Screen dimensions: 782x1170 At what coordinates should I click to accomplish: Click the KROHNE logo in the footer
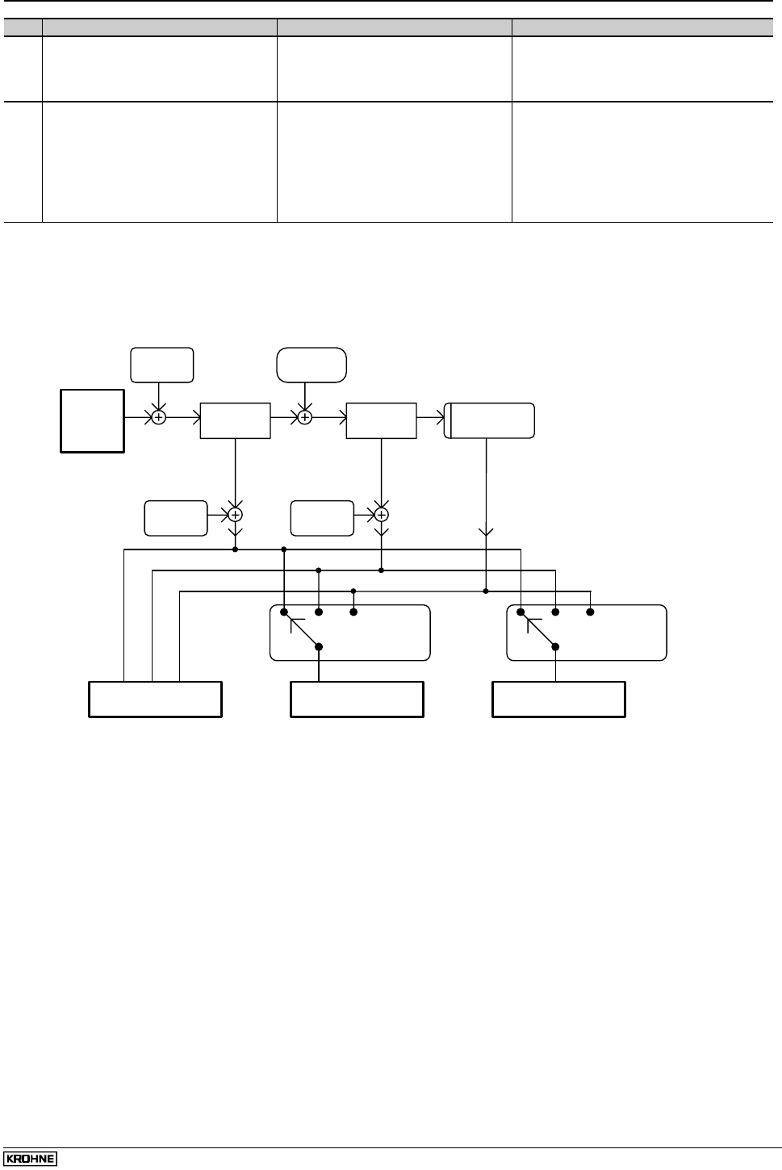tap(30, 1159)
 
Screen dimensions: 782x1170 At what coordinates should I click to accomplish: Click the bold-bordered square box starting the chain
tap(93, 420)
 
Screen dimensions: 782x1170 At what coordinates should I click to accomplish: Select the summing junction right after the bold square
tap(159, 417)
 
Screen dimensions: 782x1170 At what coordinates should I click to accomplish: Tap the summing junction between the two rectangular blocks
tap(304, 417)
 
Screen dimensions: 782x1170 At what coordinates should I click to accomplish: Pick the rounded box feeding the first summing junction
tap(161, 365)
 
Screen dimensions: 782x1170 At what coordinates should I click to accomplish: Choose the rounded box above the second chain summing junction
tap(312, 365)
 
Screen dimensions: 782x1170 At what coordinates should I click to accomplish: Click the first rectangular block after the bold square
tap(235, 420)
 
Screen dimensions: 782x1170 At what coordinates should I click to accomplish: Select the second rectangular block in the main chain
tap(381, 420)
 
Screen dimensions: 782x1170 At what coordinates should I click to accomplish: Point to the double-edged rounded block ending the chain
tap(490, 420)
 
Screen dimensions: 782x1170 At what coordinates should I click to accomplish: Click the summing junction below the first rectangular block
tap(235, 514)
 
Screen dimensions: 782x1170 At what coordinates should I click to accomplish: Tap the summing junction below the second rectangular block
tap(382, 514)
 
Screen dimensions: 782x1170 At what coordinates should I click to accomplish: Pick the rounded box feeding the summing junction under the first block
tap(176, 518)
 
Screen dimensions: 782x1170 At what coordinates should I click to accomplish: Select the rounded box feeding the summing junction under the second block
tap(322, 518)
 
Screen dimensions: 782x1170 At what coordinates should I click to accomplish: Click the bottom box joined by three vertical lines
tap(155, 700)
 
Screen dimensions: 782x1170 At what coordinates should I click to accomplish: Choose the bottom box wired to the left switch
tap(357, 700)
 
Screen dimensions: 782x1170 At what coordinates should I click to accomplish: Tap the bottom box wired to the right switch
tap(558, 700)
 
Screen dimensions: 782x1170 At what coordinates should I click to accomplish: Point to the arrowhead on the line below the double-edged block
tap(486, 533)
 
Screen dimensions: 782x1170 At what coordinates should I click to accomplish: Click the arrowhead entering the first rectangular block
tap(195, 417)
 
